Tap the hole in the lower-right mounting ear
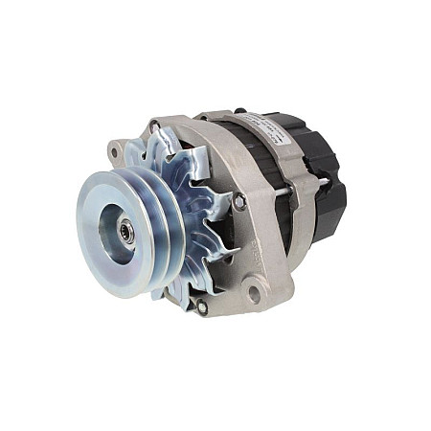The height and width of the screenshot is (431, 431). (254, 294)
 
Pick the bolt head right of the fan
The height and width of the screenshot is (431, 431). (238, 203)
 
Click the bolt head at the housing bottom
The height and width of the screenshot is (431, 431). (201, 306)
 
